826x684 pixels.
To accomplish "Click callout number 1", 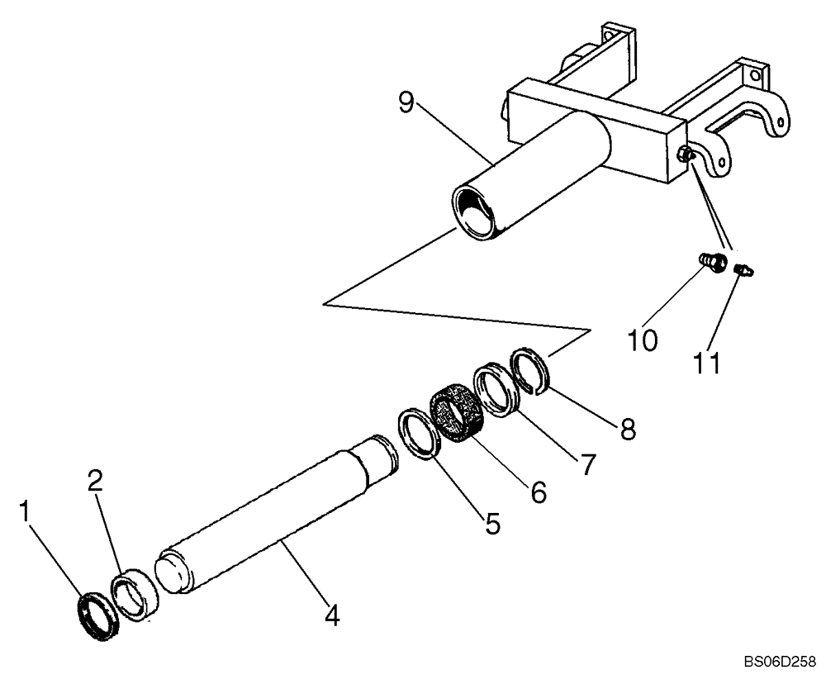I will click(27, 512).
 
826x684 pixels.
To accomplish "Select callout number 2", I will click(95, 482).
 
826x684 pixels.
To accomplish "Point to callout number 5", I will click(493, 523).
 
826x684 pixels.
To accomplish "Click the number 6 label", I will click(538, 492).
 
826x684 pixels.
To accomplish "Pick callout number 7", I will click(586, 463).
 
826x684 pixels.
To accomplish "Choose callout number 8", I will click(628, 429).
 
